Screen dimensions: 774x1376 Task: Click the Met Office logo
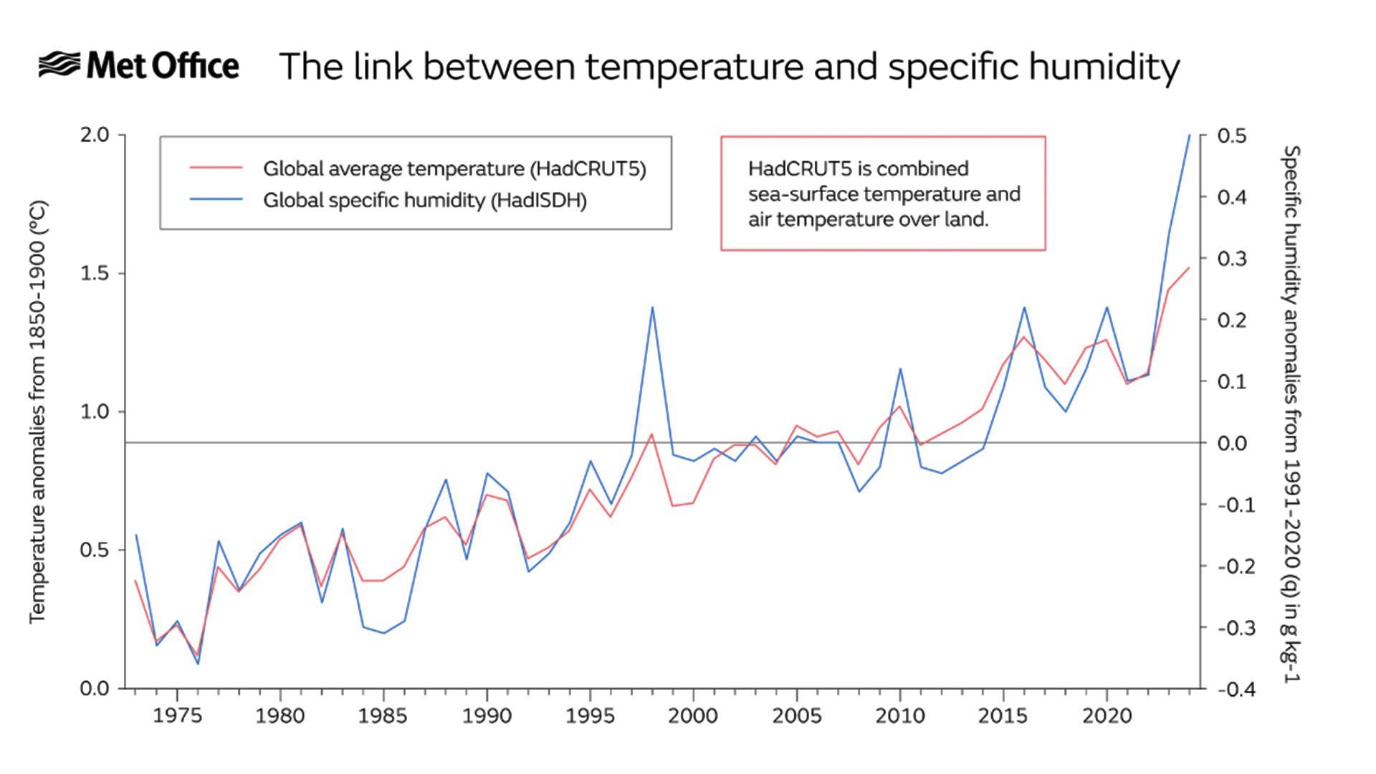(138, 66)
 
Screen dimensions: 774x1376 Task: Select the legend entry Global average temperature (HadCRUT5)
(454, 169)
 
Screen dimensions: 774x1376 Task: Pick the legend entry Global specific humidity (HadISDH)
(424, 200)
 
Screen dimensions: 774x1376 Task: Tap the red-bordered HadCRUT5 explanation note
(883, 193)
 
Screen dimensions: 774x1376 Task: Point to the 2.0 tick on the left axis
(93, 135)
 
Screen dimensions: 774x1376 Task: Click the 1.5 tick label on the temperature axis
(93, 273)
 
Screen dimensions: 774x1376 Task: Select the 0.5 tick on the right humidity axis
(1232, 135)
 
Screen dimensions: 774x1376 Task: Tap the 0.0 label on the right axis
(1232, 443)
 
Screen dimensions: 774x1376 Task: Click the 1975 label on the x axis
(177, 716)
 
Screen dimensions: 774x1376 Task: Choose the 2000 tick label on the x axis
(693, 716)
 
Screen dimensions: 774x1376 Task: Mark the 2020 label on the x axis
(1107, 716)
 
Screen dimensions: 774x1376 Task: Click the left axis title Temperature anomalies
(37, 412)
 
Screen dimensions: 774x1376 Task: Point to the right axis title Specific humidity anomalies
(1290, 414)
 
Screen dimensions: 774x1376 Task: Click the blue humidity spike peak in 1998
(652, 307)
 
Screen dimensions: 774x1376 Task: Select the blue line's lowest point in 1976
(198, 664)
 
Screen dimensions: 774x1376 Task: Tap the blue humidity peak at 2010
(900, 369)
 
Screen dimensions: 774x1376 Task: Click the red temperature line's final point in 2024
(1189, 268)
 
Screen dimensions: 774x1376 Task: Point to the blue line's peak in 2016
(1024, 307)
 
